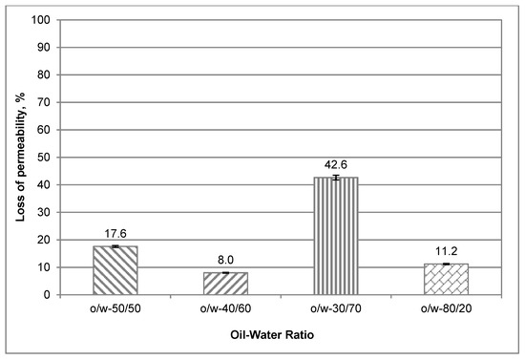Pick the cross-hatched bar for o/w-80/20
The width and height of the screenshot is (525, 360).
click(x=446, y=279)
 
